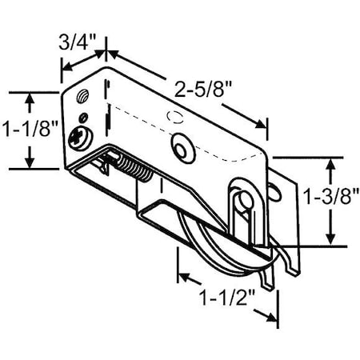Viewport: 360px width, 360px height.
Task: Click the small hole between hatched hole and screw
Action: point(87,119)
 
